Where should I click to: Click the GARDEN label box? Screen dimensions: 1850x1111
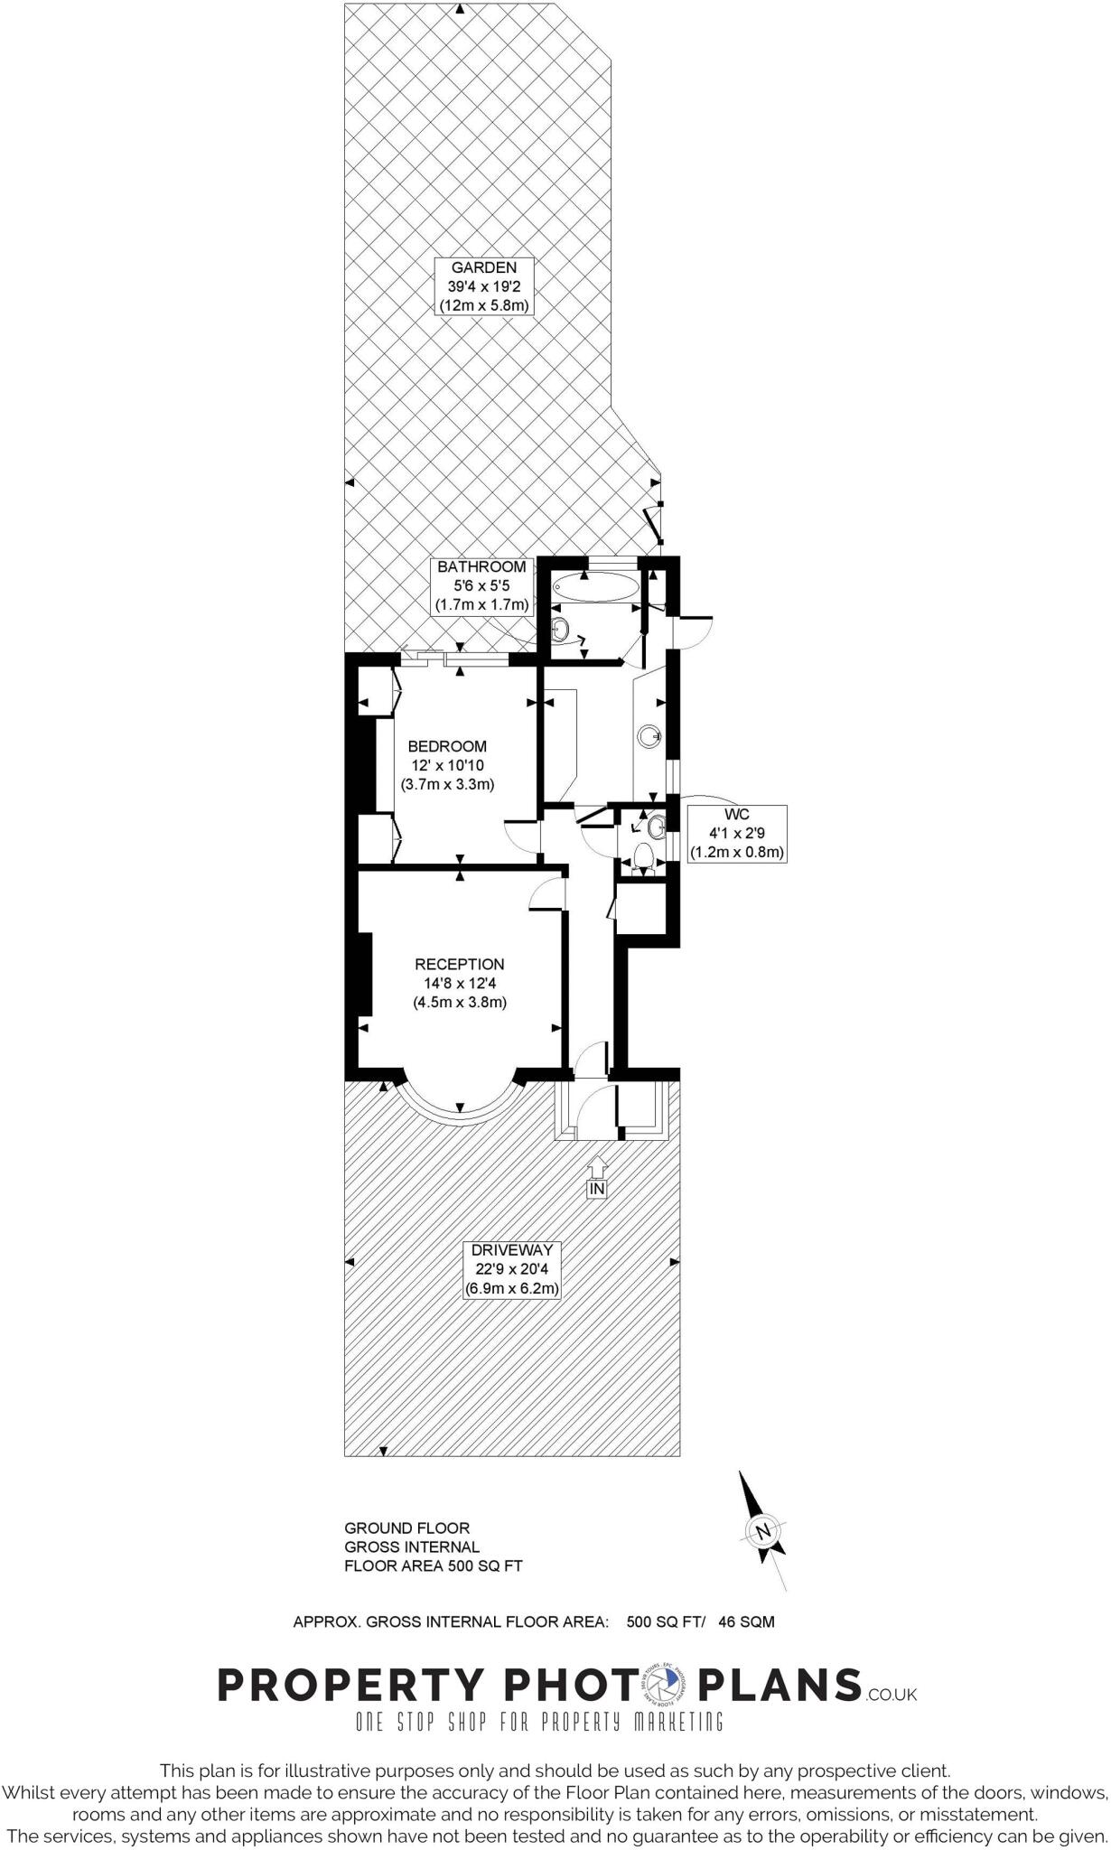[x=484, y=286]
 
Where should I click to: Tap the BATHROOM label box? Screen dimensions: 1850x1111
[x=482, y=585]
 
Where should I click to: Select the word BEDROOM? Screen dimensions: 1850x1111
[x=447, y=746]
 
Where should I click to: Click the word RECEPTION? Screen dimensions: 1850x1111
[x=459, y=964]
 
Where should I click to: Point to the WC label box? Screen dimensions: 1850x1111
[x=736, y=833]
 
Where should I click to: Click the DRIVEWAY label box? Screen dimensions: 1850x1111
[x=511, y=1269]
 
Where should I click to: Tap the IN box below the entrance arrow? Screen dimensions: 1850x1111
[x=596, y=1189]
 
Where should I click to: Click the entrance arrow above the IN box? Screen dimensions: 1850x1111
[x=596, y=1167]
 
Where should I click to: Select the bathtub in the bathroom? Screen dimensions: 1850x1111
[x=595, y=588]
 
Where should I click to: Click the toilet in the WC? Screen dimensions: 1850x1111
[x=644, y=854]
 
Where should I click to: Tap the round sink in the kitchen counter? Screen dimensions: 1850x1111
[x=649, y=736]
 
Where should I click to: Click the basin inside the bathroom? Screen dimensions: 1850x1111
[x=560, y=628]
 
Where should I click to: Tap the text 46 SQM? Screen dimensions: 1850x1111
[x=746, y=1621]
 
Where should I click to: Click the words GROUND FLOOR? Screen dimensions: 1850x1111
[x=406, y=1528]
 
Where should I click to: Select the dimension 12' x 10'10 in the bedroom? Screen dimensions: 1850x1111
[x=447, y=765]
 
